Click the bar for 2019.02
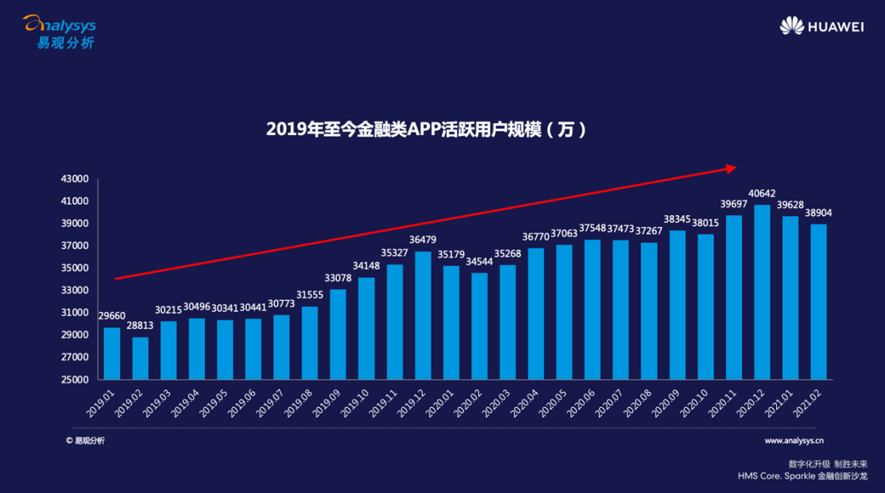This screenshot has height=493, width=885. (140, 358)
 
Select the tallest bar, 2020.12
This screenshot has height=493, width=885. (762, 292)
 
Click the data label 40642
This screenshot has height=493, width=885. (762, 193)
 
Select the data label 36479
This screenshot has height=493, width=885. (423, 240)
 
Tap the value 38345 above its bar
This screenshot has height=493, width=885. (677, 218)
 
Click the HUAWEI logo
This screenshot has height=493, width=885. (821, 26)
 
